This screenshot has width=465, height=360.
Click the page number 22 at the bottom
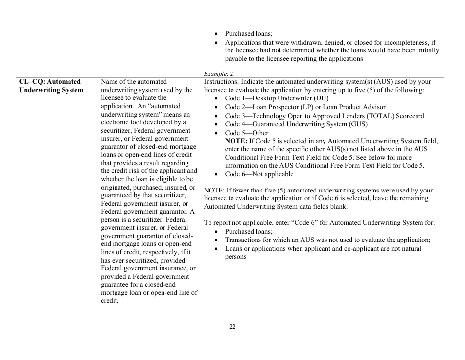(232, 327)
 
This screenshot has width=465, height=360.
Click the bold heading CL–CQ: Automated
(49, 82)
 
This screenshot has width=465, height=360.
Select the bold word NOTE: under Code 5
(236, 141)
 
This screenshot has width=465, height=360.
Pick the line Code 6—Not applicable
(259, 174)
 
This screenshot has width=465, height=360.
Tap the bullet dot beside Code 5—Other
(216, 133)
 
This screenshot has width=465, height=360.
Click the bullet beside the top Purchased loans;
(216, 34)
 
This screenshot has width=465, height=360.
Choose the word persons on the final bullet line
(235, 257)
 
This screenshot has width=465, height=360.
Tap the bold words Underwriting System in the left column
(51, 90)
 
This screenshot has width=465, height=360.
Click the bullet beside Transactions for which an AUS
(216, 240)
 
